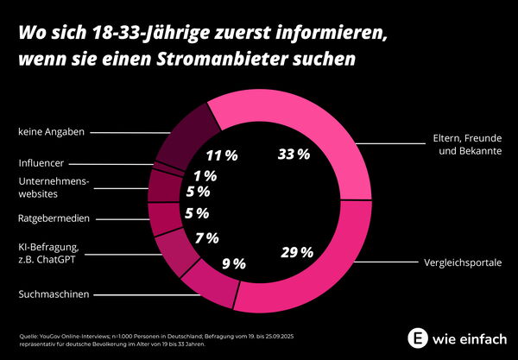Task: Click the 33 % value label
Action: pos(294,155)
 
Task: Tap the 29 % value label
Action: pos(296,252)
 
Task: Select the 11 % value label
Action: pos(222,156)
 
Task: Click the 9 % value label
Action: pos(233,263)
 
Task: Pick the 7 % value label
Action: pos(206,237)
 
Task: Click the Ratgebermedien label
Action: pos(54,218)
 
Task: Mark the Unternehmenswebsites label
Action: pos(54,186)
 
